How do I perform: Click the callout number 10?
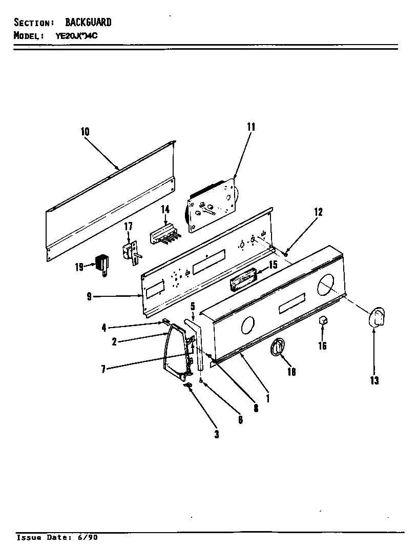85,132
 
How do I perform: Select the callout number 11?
250,127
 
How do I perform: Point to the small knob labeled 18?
277,348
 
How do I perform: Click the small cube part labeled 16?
323,321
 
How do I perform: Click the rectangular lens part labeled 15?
242,281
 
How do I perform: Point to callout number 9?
90,296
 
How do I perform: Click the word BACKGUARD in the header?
88,23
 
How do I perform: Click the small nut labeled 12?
285,252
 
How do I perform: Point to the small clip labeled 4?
166,321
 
